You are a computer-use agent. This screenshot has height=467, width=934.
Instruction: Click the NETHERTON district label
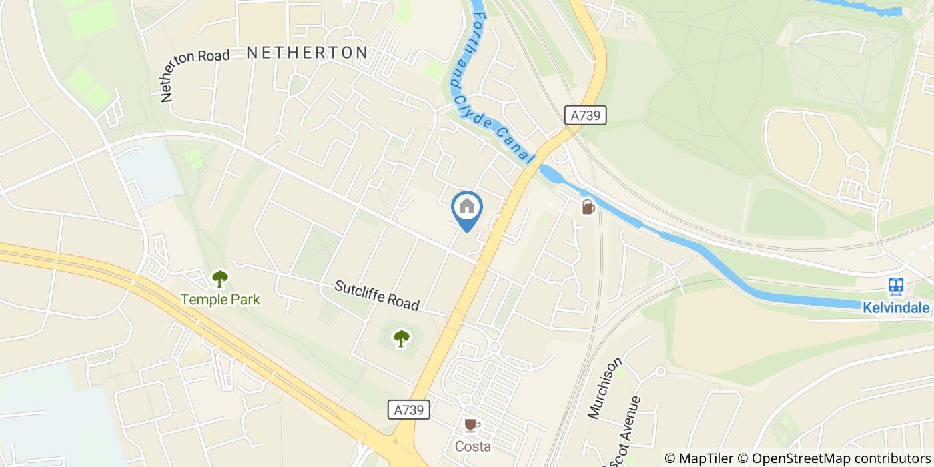coord(307,53)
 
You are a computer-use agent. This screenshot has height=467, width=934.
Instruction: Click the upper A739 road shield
coord(586,115)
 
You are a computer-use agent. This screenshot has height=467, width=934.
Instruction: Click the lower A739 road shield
coord(408,410)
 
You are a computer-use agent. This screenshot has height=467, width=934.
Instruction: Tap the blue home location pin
coord(467,208)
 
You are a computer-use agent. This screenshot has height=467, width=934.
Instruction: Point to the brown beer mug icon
coord(588,207)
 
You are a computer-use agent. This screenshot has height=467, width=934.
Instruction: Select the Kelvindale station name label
coord(896,308)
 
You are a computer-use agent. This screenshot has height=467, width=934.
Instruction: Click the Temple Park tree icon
coord(220,279)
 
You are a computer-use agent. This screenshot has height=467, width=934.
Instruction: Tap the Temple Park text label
coord(220,300)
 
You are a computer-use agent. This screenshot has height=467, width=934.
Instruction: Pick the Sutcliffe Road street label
coord(377,296)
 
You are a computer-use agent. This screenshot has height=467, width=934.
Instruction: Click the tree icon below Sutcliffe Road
coord(400,339)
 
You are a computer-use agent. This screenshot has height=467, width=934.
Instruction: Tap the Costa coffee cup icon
coord(472,425)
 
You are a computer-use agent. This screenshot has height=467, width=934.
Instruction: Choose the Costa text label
coord(473,446)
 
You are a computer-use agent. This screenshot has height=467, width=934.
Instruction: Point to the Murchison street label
coord(605,388)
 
